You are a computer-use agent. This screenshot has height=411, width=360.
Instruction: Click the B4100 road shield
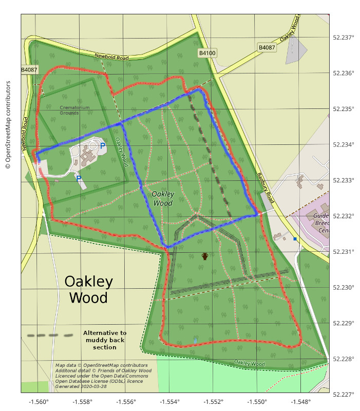tap(207, 53)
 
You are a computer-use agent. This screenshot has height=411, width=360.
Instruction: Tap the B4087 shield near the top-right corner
tap(267, 48)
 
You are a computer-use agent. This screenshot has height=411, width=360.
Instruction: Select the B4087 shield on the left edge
tap(29, 70)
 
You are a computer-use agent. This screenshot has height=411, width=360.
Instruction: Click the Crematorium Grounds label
tap(74, 110)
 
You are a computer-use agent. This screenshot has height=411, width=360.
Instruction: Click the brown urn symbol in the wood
tap(205, 256)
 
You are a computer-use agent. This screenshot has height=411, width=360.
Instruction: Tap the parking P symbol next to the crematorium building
tap(103, 146)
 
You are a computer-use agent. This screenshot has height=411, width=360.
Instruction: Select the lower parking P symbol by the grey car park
tap(79, 178)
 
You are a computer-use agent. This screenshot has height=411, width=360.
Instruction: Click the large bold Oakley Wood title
tap(88, 289)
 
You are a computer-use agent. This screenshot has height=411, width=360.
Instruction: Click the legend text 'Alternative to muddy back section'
tap(105, 340)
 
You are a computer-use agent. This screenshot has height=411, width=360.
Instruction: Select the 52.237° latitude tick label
tap(344, 38)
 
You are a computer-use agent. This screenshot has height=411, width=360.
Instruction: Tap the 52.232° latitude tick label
tap(344, 216)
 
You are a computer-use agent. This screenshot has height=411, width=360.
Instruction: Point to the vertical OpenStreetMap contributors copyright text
tap(8, 125)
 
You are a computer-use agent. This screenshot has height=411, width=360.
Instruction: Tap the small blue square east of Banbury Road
tap(295, 239)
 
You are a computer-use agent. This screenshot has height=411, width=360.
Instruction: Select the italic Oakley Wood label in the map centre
tap(162, 198)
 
